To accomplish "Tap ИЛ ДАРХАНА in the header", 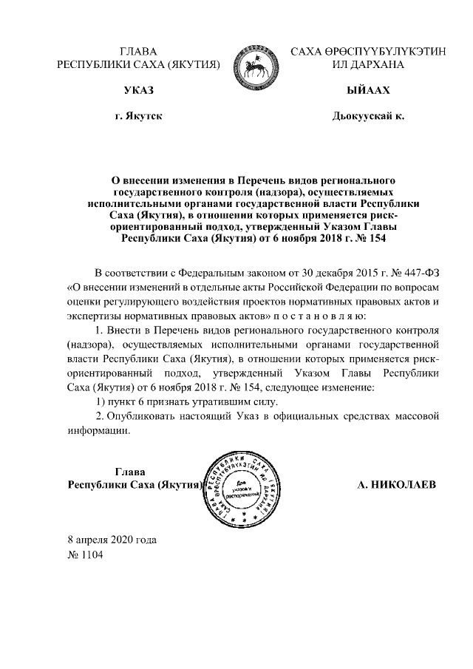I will (367, 64).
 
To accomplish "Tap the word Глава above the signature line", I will (130, 472).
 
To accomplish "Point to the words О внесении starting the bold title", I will (139, 180).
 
